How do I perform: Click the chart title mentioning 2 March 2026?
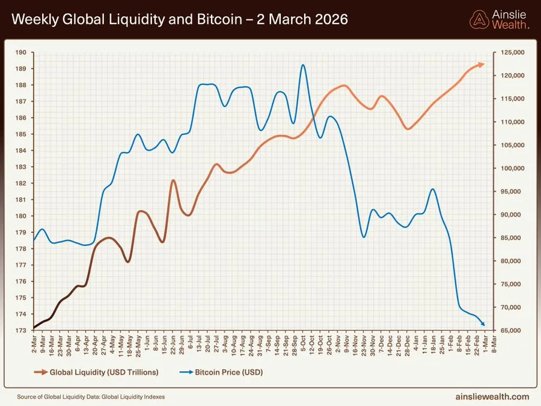[x=180, y=19]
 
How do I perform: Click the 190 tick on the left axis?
[x=20, y=52]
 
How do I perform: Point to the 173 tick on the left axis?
[x=20, y=330]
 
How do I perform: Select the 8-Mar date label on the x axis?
[x=494, y=344]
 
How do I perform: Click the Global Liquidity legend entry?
[x=99, y=372]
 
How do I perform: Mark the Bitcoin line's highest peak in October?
[x=303, y=65]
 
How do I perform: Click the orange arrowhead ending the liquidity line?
[x=481, y=64]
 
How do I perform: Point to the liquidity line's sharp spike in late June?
[x=173, y=180]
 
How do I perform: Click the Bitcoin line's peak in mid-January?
[x=432, y=189]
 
